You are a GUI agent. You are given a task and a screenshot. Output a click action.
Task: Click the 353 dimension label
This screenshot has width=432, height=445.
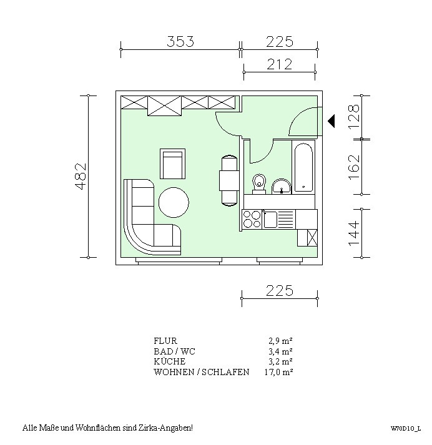point(180,41)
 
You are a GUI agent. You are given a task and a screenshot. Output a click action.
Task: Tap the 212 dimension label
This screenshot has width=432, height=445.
point(279,64)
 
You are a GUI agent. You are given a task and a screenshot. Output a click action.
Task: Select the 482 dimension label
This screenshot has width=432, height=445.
point(81,176)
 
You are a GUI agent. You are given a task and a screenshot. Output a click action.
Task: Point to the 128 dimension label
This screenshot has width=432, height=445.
point(354,117)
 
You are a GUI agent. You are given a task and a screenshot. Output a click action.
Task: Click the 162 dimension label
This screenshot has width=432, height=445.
point(354,167)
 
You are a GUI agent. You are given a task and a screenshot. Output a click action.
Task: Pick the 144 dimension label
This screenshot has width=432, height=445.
point(354,233)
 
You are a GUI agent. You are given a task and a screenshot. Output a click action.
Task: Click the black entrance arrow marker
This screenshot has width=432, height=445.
point(331,121)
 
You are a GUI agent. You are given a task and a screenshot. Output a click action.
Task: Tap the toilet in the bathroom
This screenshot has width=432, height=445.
point(259,184)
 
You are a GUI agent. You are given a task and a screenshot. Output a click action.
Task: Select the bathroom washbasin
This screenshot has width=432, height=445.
point(282,187)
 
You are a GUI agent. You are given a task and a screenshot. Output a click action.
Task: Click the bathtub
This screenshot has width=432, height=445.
point(303,168)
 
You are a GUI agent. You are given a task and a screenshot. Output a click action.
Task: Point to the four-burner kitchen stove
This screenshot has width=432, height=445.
point(252,219)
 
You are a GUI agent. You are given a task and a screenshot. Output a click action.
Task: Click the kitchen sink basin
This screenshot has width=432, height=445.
point(270,219)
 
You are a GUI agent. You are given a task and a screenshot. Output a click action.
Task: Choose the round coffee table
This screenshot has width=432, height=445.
point(174,202)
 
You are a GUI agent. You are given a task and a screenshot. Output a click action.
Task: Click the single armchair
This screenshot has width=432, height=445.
point(172,164)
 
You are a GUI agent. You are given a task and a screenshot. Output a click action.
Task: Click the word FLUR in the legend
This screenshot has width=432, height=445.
point(165,341)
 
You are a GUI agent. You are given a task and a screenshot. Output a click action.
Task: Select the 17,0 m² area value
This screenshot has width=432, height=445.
point(278,372)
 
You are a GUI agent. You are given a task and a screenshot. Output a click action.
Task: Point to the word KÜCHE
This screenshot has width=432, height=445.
point(170,361)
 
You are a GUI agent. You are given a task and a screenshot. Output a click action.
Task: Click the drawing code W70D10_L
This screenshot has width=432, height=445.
point(406,429)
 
